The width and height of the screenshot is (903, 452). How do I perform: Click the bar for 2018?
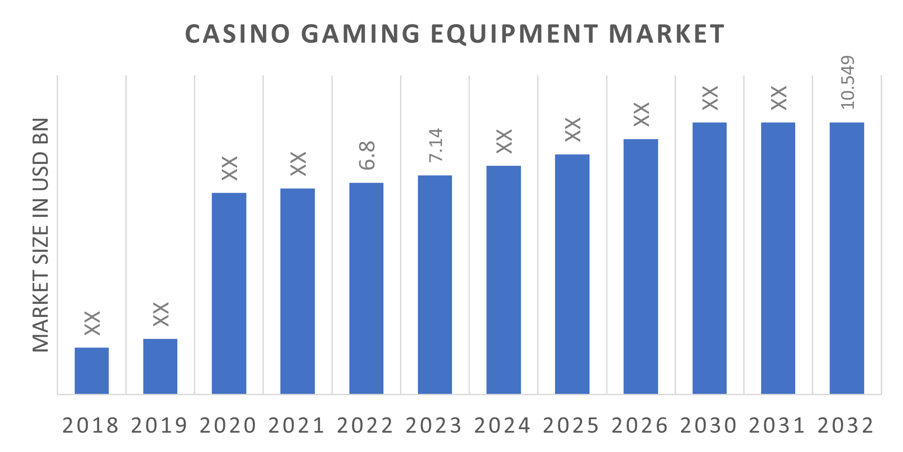92,371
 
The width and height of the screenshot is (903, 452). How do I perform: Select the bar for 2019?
160,366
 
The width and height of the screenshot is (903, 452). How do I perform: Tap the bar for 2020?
229,293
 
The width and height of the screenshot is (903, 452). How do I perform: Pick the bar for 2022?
366,289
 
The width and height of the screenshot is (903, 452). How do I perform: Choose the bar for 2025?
572,274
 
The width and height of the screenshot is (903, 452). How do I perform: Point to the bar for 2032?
847,258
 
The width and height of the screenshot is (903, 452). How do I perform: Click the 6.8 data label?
367,155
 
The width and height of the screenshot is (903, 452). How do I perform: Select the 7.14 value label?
436,145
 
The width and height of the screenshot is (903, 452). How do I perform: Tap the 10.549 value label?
847,82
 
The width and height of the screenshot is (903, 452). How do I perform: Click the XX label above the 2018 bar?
92,323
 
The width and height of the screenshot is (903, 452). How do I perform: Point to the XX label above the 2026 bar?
641,115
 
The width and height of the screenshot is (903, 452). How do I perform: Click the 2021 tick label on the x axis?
296,425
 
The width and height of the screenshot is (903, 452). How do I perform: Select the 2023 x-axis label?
434,425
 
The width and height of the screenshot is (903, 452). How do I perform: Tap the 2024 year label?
502,425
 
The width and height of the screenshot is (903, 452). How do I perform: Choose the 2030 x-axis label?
708,425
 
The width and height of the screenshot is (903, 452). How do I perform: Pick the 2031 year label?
777,425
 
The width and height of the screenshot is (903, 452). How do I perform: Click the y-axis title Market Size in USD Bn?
41,235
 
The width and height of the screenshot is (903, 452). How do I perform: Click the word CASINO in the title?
238,34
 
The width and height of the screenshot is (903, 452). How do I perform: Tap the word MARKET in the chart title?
666,34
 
